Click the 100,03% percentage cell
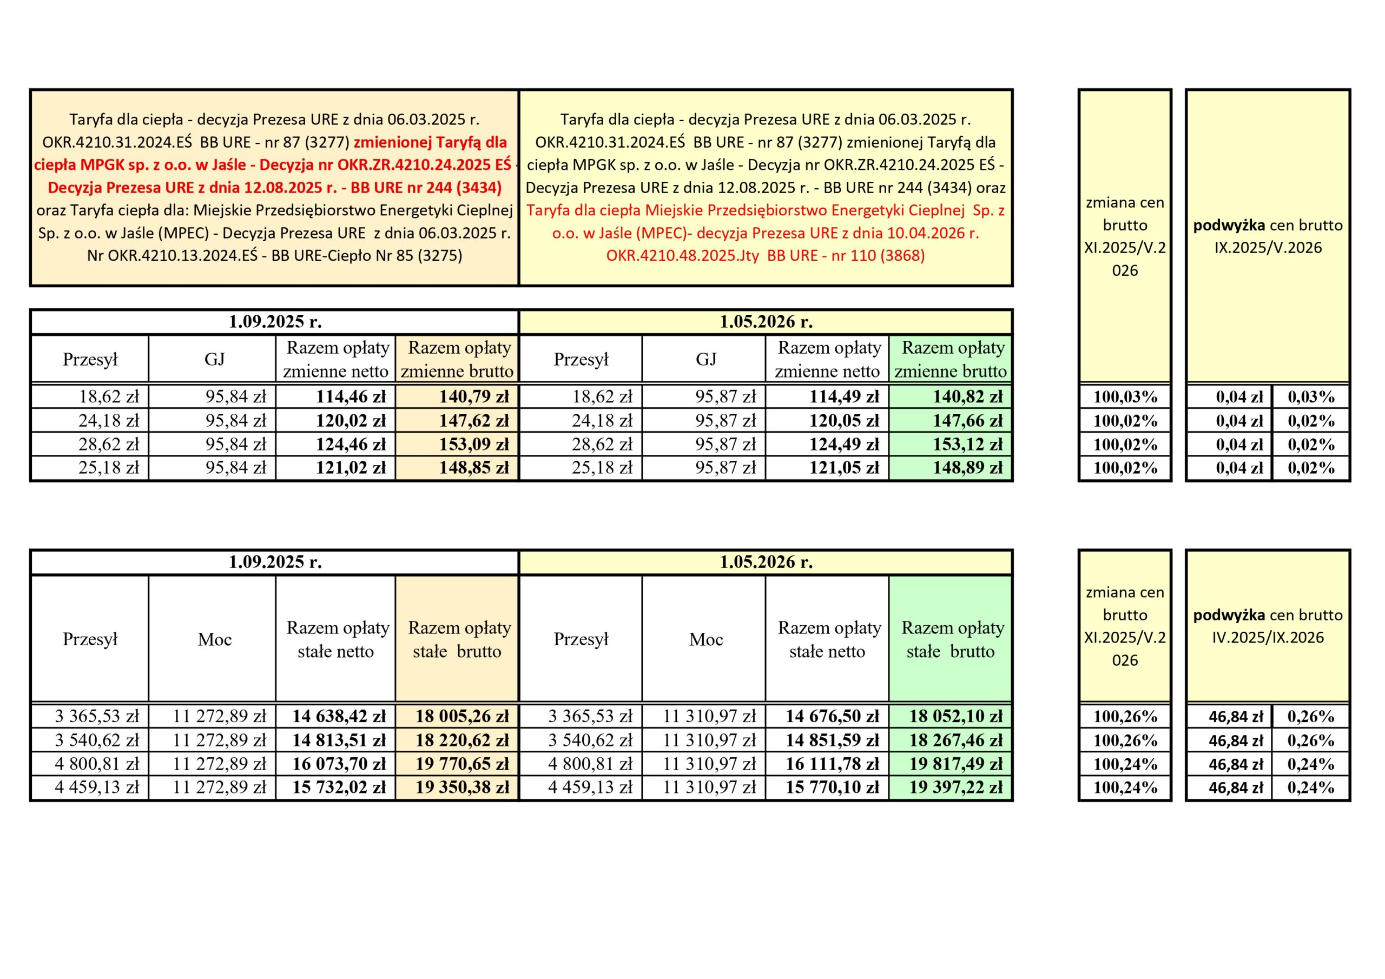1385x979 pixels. [1125, 397]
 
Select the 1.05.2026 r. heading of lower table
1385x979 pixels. [766, 562]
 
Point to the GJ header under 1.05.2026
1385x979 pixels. [706, 360]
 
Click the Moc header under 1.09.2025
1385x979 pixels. [214, 639]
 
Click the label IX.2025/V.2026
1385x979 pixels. [1268, 248]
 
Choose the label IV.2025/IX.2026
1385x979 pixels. [1268, 638]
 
